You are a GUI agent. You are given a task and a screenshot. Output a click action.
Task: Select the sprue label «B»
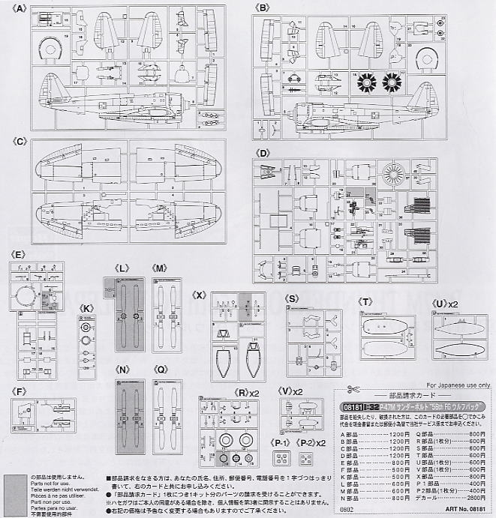(x=262, y=7)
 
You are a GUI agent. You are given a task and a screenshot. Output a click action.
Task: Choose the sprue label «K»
(x=87, y=308)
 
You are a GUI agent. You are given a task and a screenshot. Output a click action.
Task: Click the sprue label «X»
(x=199, y=294)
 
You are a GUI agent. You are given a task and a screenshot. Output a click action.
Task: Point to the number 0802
(x=345, y=510)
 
